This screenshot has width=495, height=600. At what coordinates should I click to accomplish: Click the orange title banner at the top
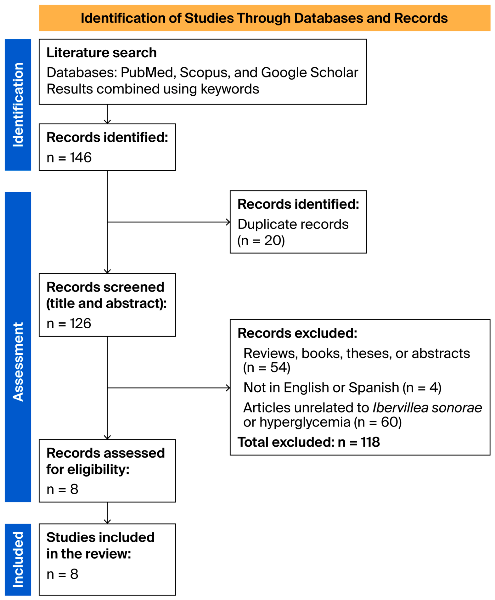coord(264,18)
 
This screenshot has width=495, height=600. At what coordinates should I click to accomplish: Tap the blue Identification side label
coord(18,105)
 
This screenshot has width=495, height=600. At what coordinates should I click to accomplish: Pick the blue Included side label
coord(18,559)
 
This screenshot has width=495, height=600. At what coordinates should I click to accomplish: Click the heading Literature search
coord(101,53)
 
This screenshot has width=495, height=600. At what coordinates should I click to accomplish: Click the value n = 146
coord(69,157)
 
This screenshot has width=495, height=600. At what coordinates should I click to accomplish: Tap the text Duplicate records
coord(293,224)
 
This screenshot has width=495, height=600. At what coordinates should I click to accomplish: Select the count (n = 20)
coord(261,241)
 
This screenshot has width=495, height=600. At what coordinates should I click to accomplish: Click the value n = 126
coord(69,323)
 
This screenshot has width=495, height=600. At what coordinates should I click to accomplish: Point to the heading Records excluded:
coord(297,333)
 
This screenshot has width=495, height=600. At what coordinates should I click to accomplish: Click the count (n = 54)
coord(267,367)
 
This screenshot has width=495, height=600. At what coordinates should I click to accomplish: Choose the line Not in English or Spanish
coord(321,388)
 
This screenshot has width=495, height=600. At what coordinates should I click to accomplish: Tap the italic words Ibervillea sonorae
coord(427,408)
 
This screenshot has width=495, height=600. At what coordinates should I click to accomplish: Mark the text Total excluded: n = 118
coord(309,442)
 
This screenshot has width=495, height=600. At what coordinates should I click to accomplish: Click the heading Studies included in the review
coord(100,546)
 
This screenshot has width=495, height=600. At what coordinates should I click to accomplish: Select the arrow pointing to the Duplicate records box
coord(169,222)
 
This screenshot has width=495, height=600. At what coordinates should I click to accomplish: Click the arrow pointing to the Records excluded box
coord(169,388)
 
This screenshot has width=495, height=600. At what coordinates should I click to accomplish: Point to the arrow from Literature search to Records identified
coord(107,114)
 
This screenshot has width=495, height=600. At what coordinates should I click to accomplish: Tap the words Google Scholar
coord(310,73)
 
